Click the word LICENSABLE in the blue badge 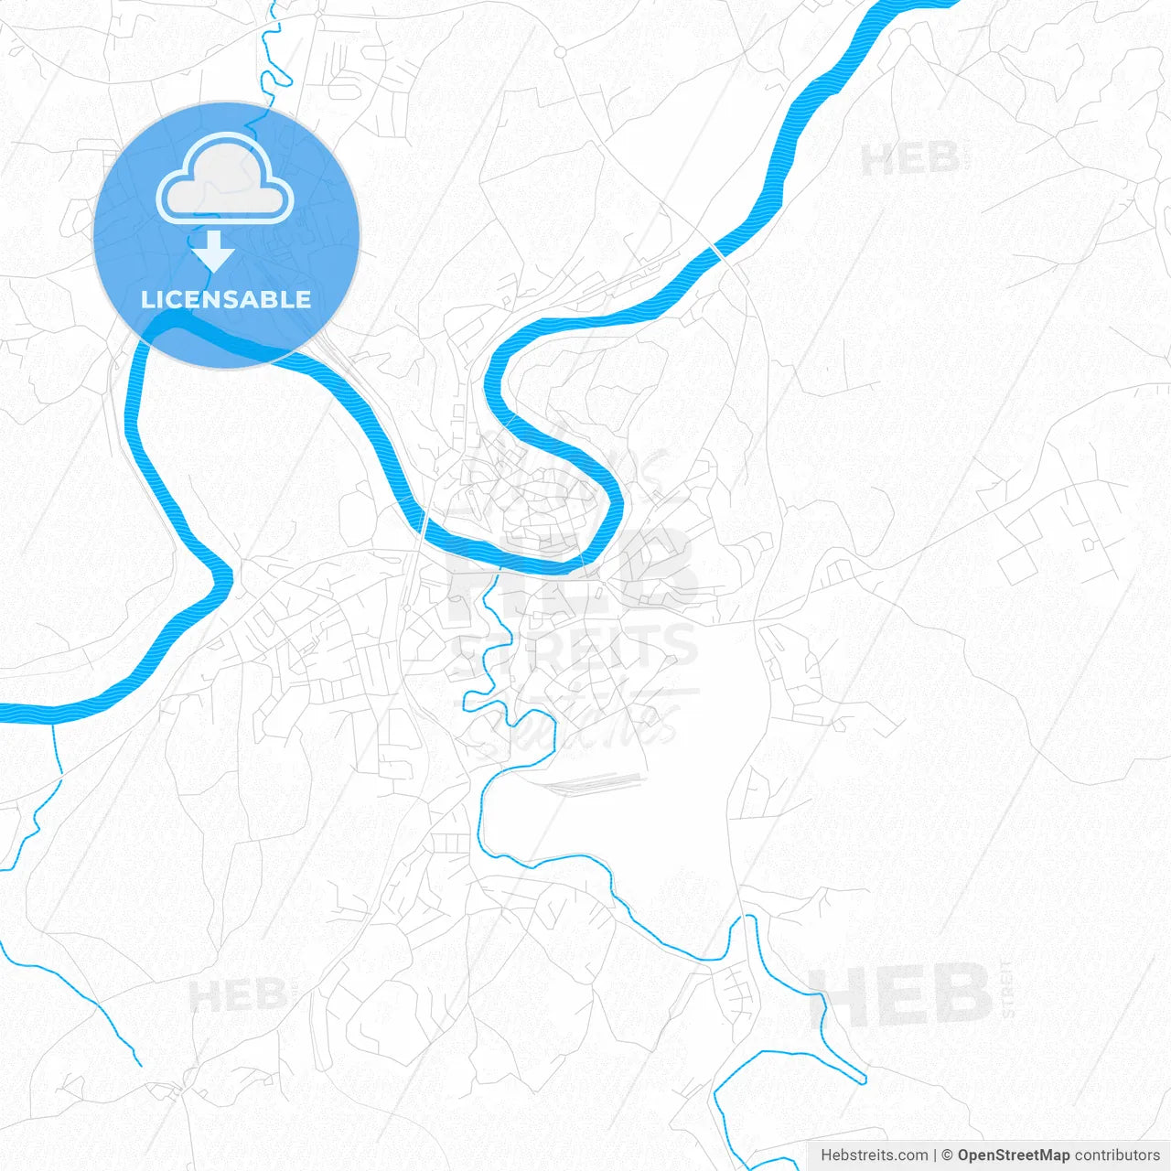226,299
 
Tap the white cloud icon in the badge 225,180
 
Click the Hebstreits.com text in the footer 874,1155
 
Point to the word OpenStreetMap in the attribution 1013,1155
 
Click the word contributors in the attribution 1117,1155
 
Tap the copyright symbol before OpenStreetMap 947,1155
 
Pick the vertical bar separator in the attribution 935,1155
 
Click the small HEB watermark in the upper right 909,160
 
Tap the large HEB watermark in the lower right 901,995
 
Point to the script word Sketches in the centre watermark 576,723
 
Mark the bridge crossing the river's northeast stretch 718,250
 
